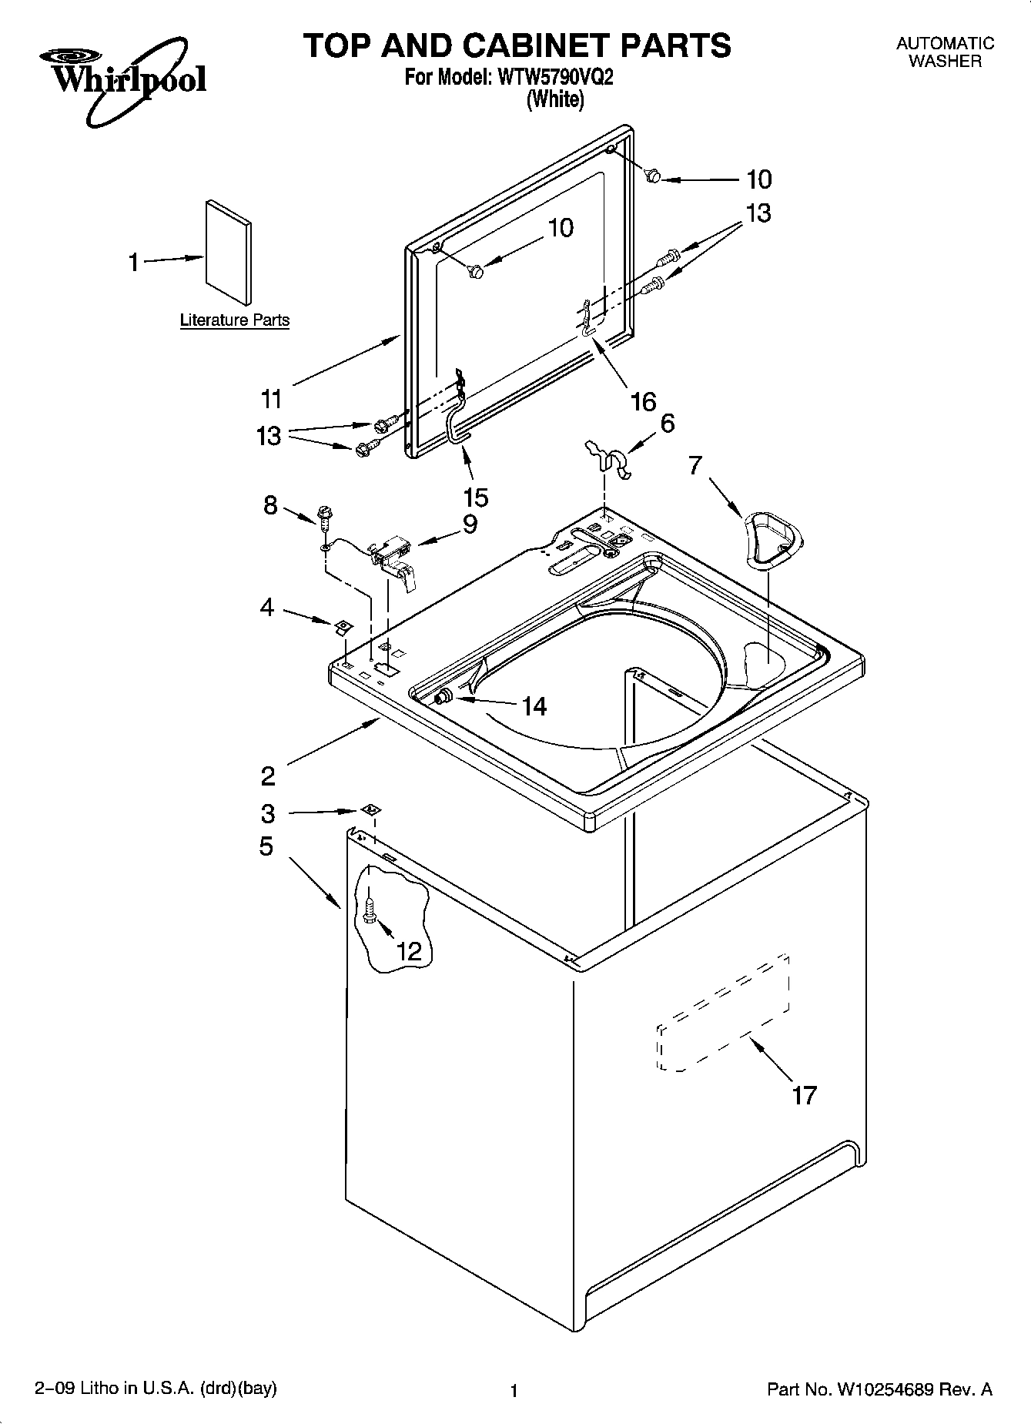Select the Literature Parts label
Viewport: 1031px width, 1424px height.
(235, 320)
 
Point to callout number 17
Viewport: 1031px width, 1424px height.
(804, 1094)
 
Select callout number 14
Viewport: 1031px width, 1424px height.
(534, 706)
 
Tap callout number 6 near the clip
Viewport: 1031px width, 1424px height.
(667, 423)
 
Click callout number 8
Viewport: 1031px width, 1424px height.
(270, 506)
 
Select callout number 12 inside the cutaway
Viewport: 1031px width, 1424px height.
(410, 951)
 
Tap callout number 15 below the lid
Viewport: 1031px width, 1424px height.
(476, 498)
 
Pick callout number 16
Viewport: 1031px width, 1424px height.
(643, 400)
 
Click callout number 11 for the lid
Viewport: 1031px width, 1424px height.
(271, 399)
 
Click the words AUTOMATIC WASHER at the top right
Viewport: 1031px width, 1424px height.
(945, 52)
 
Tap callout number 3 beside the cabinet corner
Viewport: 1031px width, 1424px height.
(268, 813)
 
